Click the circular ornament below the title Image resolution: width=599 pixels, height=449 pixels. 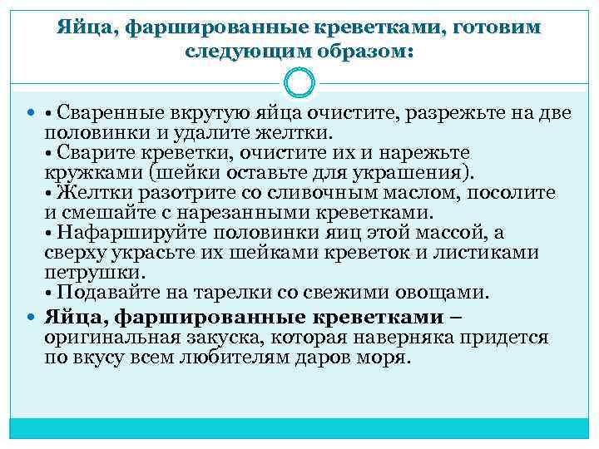(299, 83)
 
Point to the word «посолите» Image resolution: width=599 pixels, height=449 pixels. (510, 193)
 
